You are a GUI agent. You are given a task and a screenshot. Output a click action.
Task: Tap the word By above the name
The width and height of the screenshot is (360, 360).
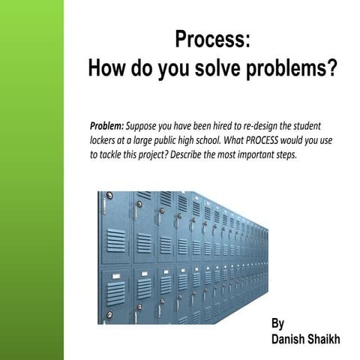tap(278, 324)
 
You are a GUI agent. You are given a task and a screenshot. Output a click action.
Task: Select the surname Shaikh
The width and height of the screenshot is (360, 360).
tap(325, 340)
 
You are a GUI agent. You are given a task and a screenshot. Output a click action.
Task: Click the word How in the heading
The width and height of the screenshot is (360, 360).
tap(106, 69)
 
